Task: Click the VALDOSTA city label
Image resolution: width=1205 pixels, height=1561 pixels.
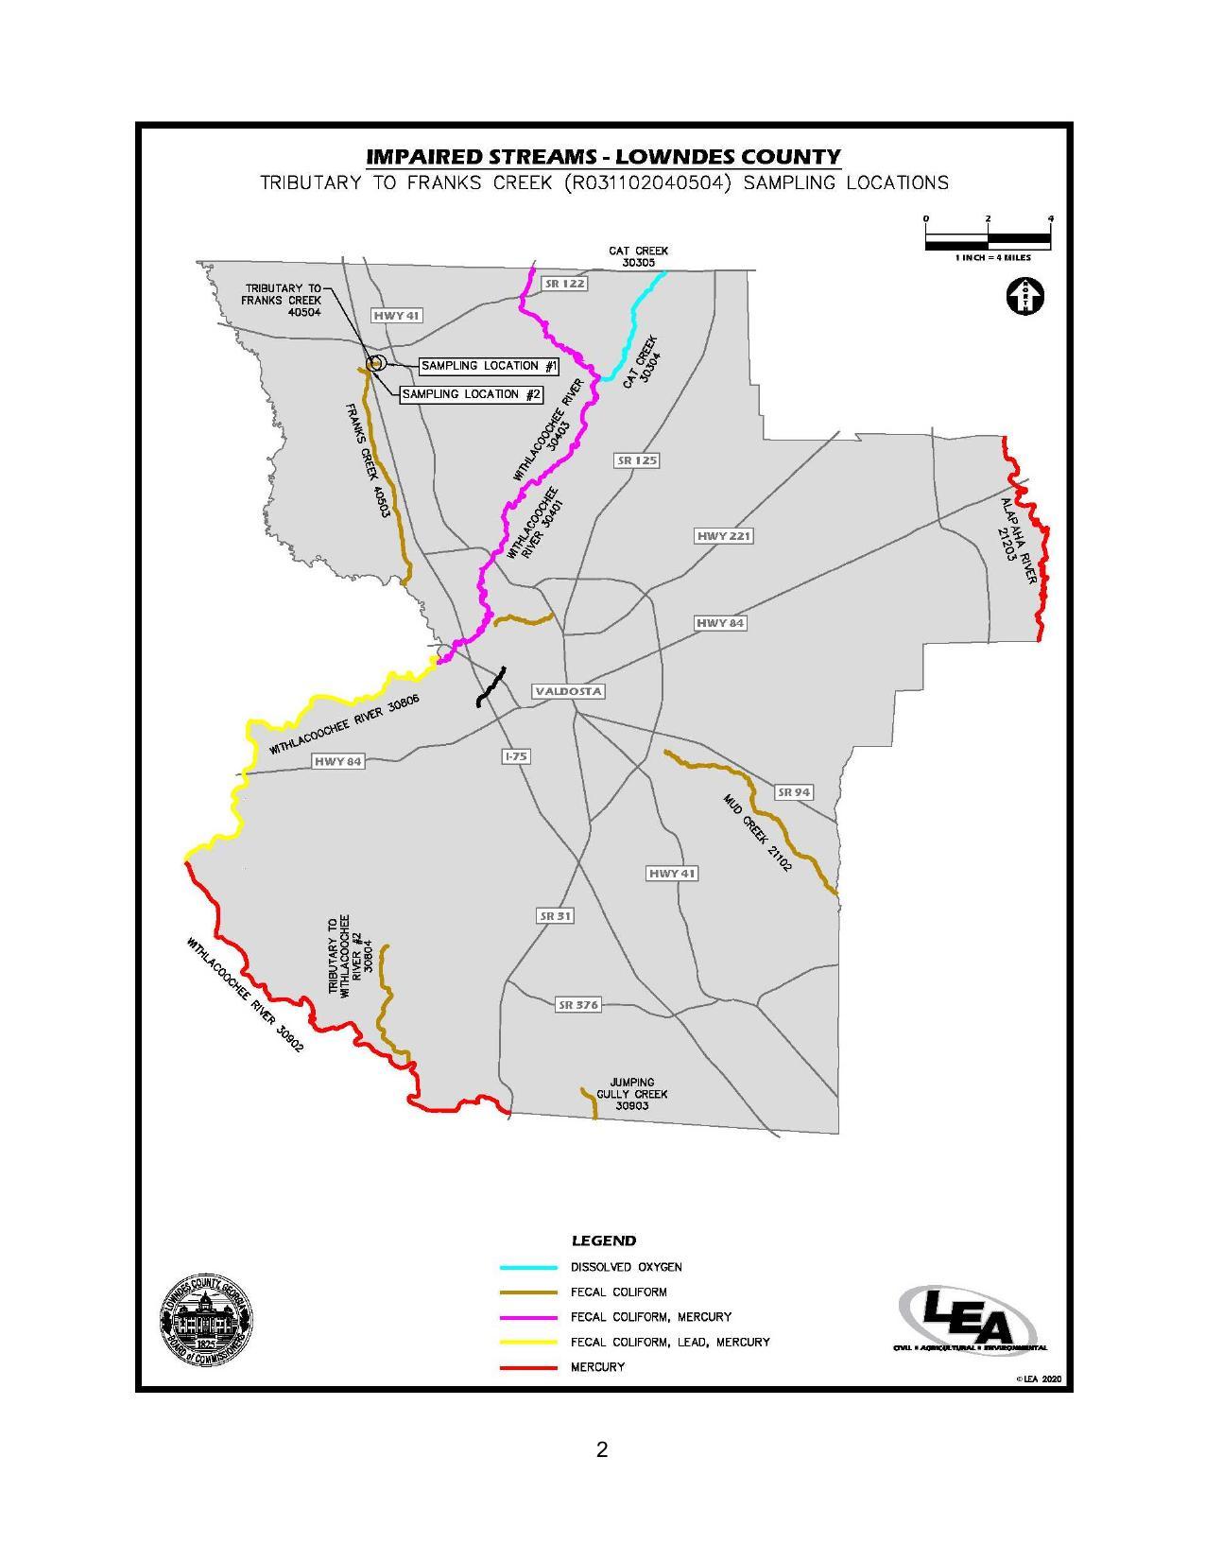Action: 568,691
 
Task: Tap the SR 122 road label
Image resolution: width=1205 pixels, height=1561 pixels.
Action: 564,284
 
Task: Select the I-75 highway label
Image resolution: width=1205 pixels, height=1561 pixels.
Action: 516,756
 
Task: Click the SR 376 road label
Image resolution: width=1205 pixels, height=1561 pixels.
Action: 577,1005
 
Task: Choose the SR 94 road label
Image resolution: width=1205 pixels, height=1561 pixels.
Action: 793,792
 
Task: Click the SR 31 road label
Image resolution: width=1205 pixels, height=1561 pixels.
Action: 556,916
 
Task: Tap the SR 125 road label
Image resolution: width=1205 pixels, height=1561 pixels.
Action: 637,460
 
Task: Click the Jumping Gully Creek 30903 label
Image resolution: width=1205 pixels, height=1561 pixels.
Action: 631,1094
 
